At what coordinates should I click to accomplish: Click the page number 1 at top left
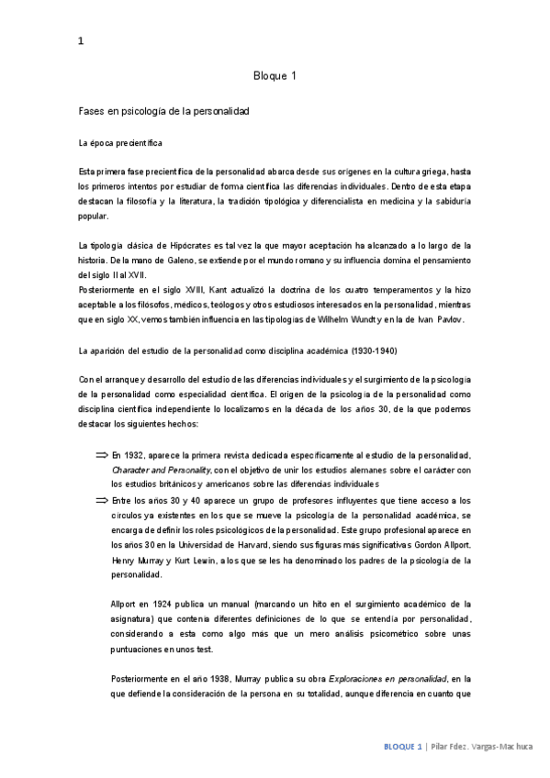(82, 39)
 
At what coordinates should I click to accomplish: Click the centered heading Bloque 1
(275, 76)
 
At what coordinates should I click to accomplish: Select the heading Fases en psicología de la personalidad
(164, 110)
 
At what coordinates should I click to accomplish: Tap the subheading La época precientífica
(121, 143)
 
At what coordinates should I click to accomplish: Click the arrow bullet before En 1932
(101, 455)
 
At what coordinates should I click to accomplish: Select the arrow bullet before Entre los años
(101, 500)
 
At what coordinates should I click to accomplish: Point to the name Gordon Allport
(441, 544)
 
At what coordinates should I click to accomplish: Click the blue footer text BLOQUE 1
(403, 747)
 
